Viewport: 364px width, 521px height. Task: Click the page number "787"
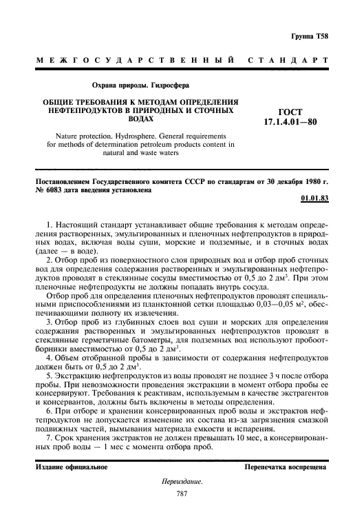pyautogui.click(x=182, y=493)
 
